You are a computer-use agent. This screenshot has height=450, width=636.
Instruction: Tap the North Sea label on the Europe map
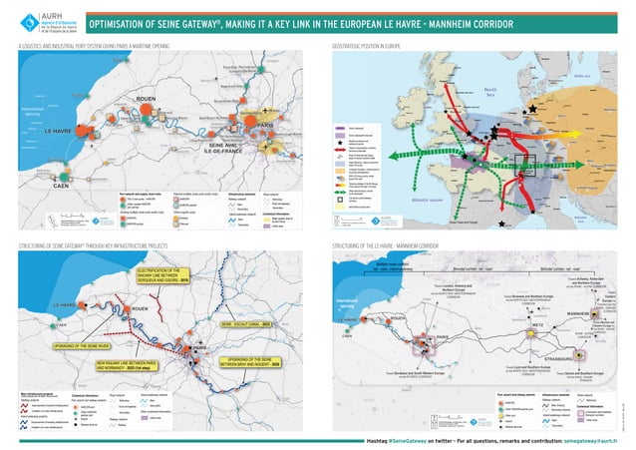(489, 92)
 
